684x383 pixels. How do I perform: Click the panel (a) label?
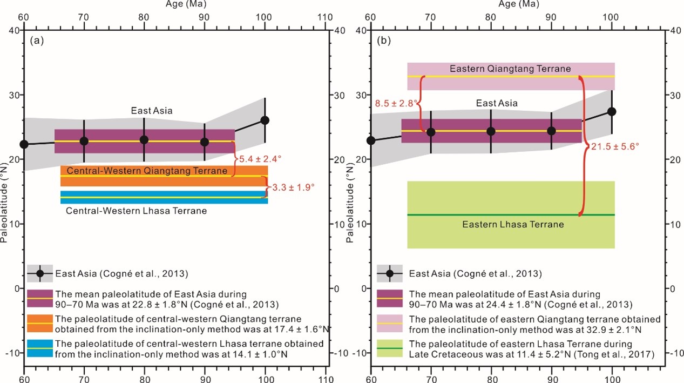36,41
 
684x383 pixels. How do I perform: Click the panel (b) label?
383,41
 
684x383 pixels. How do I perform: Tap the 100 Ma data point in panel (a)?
265,120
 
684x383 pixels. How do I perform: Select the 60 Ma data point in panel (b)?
371,140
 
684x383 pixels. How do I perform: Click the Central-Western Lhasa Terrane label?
136,211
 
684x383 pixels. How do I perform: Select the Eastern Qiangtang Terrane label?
510,69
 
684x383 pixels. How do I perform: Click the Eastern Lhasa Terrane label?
513,224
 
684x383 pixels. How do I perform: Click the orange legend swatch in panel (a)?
40,323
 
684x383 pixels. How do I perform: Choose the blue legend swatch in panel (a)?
40,348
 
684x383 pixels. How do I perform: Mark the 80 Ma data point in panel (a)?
144,139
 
